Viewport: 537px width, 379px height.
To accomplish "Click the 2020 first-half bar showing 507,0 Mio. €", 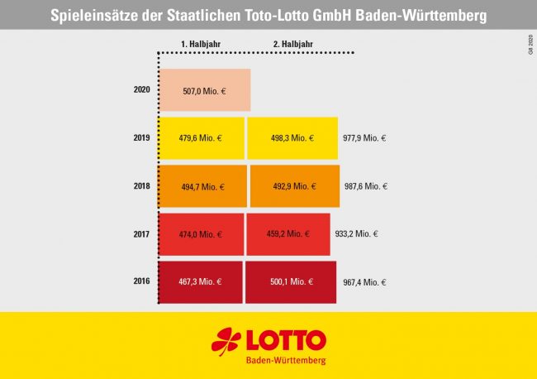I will coord(204,90).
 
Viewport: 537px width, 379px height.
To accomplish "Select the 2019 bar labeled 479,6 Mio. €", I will coord(201,137).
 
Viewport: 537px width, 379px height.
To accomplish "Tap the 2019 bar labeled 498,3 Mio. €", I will coord(292,137).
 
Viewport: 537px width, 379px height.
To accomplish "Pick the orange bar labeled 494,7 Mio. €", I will coord(202,186).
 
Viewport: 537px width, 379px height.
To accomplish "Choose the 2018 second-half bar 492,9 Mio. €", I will coord(295,186).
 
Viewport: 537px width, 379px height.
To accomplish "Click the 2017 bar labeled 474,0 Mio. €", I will coord(201,234).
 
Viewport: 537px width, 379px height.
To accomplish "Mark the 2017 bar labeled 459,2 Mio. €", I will coord(288,234).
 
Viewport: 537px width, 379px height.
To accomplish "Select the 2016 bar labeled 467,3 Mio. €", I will coord(200,282).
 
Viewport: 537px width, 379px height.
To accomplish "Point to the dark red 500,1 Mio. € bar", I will coord(291,282).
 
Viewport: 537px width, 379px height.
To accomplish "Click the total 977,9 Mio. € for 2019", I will coord(364,138).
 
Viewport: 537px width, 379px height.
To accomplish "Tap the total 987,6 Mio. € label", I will coord(365,186).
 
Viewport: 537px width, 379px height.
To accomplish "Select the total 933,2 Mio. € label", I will coord(356,234).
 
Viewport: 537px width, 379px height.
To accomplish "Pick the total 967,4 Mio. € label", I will coord(364,282).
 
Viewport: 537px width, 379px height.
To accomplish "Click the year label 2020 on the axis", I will coord(141,89).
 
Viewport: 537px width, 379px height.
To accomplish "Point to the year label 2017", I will coord(141,233).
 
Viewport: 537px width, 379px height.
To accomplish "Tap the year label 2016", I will coord(141,281).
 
